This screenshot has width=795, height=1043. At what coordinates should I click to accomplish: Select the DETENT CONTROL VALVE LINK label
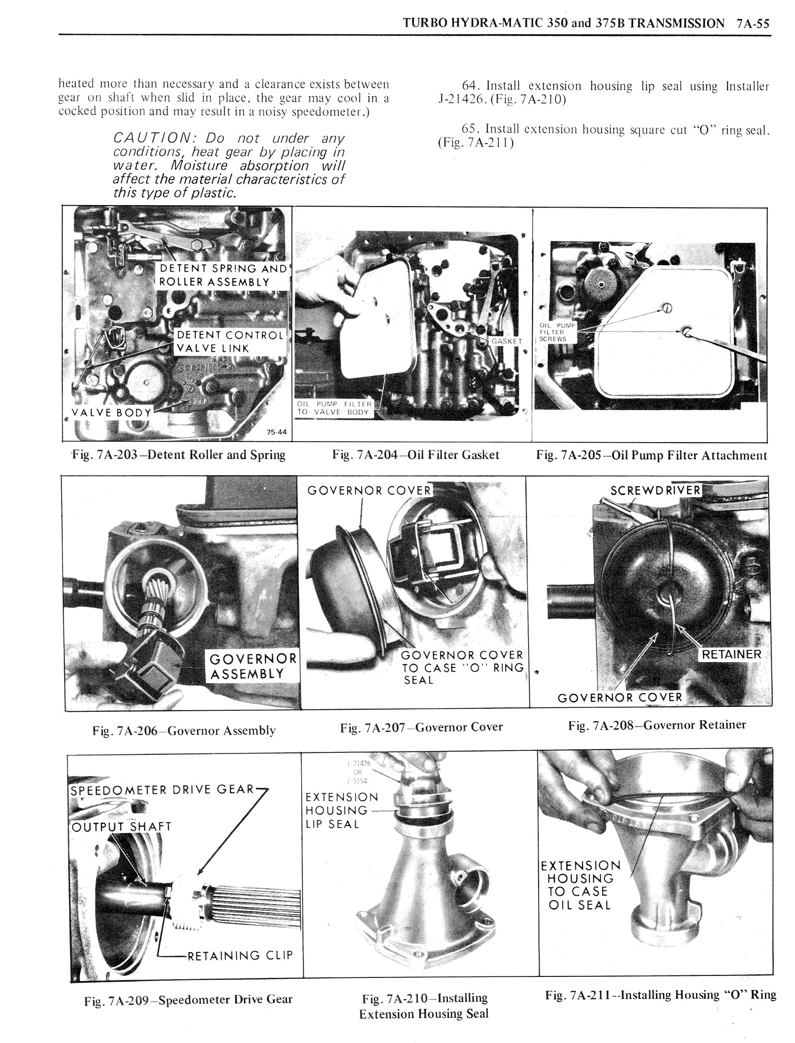231,341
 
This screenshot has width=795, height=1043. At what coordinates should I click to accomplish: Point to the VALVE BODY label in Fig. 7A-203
111,412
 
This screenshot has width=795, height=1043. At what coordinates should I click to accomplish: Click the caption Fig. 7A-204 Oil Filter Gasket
415,455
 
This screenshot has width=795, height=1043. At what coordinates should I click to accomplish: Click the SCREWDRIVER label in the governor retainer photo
655,491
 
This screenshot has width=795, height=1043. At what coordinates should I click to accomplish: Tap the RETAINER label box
731,654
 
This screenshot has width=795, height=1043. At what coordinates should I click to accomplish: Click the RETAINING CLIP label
239,955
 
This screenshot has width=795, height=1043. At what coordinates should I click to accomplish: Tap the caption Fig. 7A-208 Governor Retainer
657,725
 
